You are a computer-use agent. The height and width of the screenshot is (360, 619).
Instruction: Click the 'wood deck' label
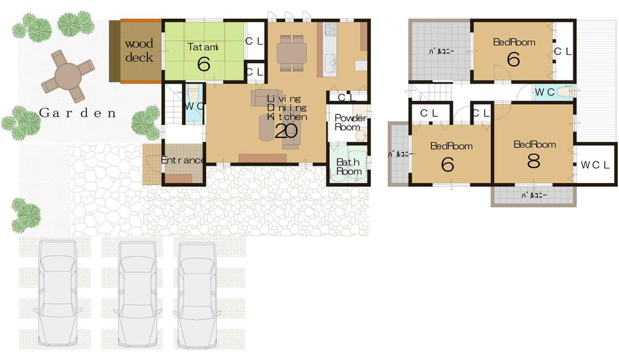point(139,51)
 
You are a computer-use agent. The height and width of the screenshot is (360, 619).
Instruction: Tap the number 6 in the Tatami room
point(204,64)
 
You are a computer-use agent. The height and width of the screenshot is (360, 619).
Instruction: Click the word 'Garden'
point(77,113)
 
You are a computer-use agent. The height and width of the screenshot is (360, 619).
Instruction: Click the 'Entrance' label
point(183,161)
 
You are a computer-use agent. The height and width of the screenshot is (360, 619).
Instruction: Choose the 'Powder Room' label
point(350,122)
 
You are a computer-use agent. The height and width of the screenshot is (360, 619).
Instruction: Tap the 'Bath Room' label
point(348,166)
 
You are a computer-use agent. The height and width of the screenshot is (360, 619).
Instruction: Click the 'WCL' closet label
point(595,165)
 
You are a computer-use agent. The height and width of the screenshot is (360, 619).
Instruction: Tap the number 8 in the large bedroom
point(534,160)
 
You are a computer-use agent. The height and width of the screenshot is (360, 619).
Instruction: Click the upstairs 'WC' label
point(545,92)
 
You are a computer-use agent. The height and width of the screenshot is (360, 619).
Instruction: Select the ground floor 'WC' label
point(193,106)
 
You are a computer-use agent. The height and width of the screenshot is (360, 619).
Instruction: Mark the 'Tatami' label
point(204,46)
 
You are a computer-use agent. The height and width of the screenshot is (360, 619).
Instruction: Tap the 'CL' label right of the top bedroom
point(563,53)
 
